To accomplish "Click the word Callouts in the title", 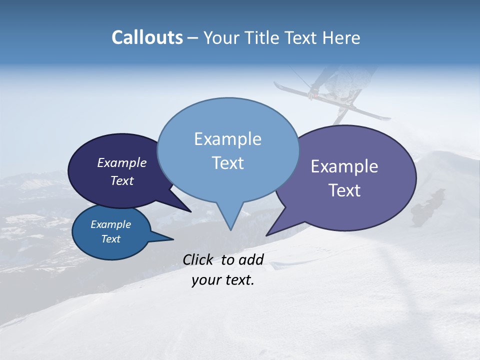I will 147,37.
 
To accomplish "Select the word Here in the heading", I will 341,37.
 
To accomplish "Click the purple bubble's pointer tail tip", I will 266,235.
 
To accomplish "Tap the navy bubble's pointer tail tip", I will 190,211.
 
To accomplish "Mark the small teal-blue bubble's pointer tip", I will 173,239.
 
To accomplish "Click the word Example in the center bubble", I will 227,139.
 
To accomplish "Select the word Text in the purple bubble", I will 344,190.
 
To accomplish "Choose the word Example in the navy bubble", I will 122,162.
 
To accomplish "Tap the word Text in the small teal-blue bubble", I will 110,239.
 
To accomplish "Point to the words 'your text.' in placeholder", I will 223,280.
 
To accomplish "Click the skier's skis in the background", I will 332,102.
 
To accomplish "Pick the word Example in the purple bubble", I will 344,166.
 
